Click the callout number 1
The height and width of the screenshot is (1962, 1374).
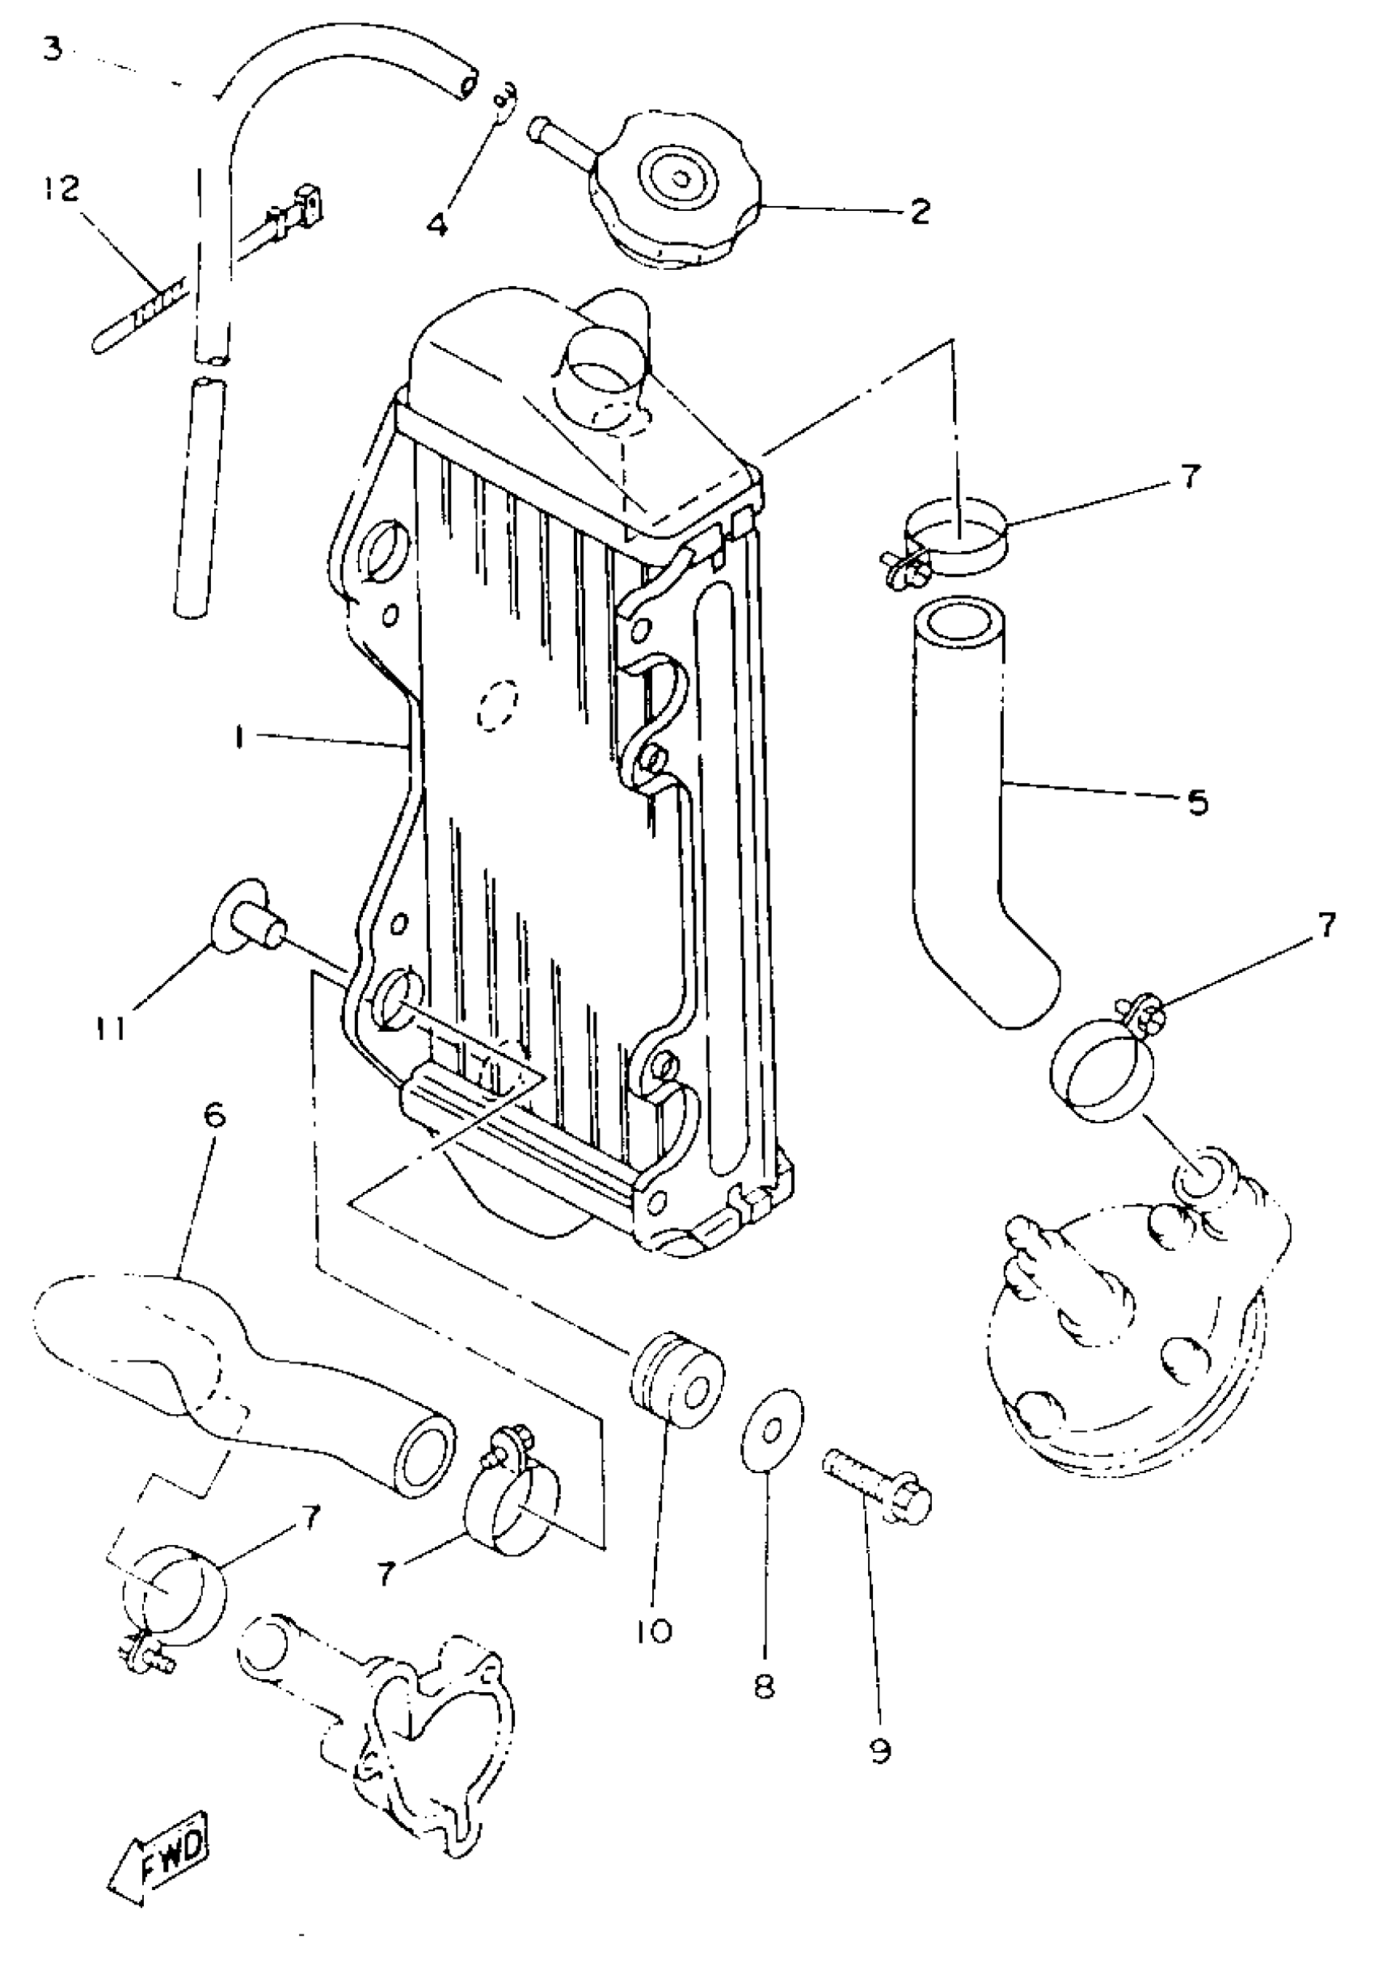241,739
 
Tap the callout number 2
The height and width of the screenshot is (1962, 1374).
920,210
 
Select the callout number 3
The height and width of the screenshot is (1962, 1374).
53,49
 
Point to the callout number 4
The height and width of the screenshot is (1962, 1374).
436,225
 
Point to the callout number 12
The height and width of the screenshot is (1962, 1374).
62,187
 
